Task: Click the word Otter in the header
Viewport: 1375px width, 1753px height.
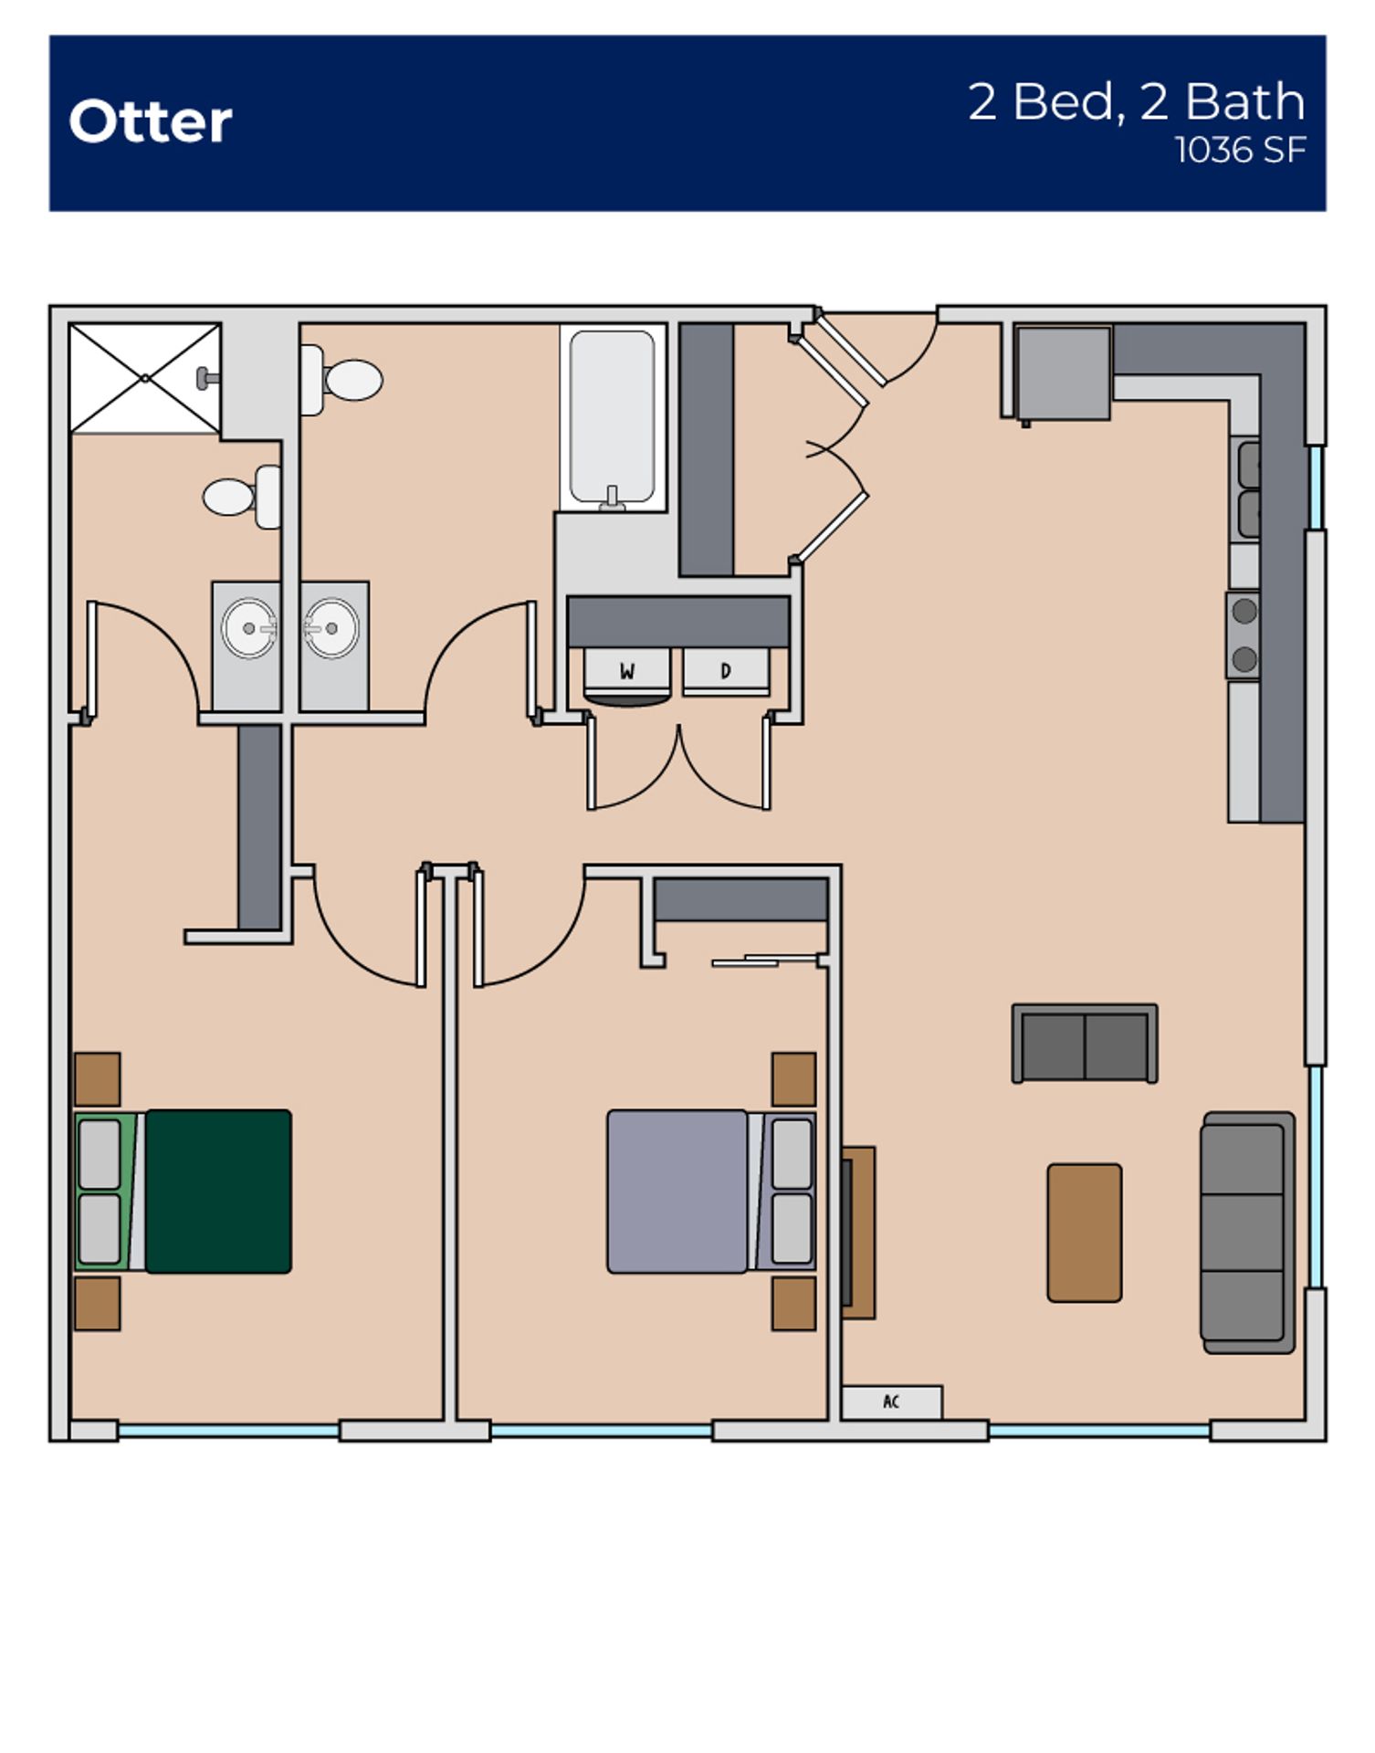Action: [151, 121]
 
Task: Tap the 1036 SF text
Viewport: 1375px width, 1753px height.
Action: [1239, 151]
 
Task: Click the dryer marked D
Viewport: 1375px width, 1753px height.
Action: [726, 671]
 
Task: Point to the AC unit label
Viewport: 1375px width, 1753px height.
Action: [891, 1401]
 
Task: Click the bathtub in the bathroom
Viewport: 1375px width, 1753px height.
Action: [612, 415]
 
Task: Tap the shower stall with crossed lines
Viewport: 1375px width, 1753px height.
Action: [145, 378]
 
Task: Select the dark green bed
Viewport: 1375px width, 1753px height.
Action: [217, 1191]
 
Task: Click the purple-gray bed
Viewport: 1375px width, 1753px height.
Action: [677, 1191]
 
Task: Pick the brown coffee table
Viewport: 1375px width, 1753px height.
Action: [1084, 1233]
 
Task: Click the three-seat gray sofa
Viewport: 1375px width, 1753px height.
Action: [1247, 1233]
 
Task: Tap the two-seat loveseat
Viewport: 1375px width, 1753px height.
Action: [1085, 1044]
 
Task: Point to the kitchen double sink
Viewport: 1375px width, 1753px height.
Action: [1246, 488]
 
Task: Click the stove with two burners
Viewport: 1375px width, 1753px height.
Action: [1244, 635]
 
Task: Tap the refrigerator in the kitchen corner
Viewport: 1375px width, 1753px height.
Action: [1064, 373]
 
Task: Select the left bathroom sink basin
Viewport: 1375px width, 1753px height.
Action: [248, 628]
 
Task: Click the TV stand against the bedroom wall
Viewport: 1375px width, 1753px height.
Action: [858, 1233]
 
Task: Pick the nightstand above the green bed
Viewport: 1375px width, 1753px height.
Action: [98, 1078]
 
